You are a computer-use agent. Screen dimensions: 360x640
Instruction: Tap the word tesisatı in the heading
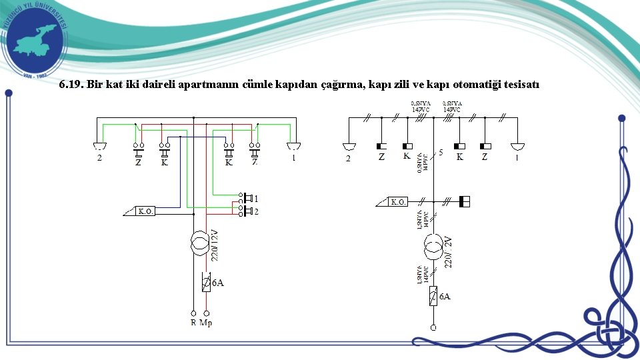(x=519, y=85)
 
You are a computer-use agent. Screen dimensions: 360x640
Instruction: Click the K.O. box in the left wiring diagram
(x=146, y=211)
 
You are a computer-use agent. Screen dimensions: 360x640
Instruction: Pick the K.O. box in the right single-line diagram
(x=398, y=201)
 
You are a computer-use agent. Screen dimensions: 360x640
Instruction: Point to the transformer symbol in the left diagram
(x=199, y=243)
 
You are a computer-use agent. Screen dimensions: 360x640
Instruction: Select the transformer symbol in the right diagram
(x=433, y=248)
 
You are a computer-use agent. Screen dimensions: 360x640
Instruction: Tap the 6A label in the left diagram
(x=218, y=283)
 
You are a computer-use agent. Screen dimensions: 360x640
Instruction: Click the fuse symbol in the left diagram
(x=206, y=283)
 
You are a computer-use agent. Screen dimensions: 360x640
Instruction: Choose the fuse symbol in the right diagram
(x=433, y=295)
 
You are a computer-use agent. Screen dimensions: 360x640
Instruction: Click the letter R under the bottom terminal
(x=193, y=323)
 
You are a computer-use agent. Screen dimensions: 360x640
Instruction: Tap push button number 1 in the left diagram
(x=248, y=198)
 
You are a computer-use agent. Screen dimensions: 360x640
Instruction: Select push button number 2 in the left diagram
(x=248, y=211)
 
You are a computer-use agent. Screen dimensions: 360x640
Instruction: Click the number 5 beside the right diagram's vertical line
(x=441, y=153)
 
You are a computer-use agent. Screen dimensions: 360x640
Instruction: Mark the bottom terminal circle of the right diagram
(x=433, y=328)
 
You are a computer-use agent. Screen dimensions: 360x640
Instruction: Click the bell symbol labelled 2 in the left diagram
(x=99, y=146)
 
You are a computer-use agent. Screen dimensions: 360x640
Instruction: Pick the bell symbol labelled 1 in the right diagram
(x=517, y=147)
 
